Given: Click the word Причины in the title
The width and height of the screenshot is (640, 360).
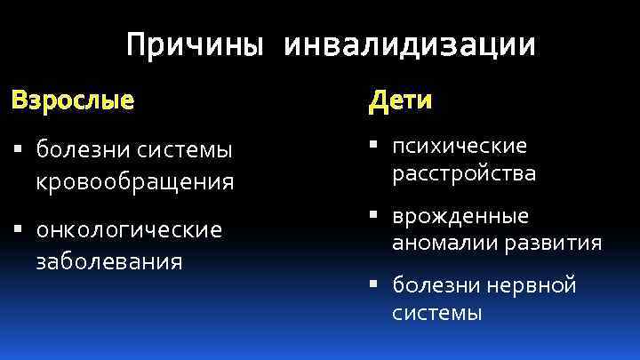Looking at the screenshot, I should (x=195, y=45).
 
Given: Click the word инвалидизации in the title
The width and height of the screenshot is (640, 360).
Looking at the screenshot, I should (x=410, y=45).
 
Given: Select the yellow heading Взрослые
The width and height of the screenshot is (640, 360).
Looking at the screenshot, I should (x=73, y=100).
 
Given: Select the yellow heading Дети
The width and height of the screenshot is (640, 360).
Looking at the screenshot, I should (x=401, y=100).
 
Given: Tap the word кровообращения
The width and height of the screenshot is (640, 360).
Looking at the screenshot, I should (x=135, y=183).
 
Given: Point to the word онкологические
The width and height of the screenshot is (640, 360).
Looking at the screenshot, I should (x=129, y=230).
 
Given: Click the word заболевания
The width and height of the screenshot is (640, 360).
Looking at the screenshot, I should (x=109, y=261).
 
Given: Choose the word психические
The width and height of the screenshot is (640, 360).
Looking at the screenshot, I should (x=460, y=145).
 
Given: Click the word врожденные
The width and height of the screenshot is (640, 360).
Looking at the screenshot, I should (x=460, y=216).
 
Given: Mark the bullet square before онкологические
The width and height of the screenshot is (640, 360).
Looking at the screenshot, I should (x=17, y=231).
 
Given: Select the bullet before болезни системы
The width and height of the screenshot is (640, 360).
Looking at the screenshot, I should (x=17, y=151).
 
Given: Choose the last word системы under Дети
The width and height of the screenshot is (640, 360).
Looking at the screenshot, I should (x=436, y=312).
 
